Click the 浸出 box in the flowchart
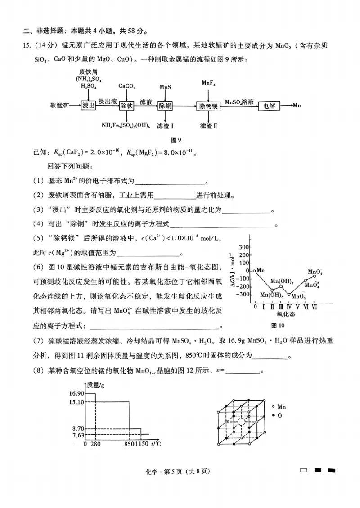pyautogui.click(x=89, y=106)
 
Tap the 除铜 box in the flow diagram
pyautogui.click(x=165, y=106)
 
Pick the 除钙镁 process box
pyautogui.click(x=208, y=106)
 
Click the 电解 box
pyautogui.click(x=269, y=106)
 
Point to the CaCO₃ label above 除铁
pyautogui.click(x=127, y=85)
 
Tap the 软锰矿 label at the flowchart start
pyautogui.click(x=60, y=106)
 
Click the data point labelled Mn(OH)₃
pyautogui.click(x=281, y=286)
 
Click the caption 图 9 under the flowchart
pyautogui.click(x=179, y=139)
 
